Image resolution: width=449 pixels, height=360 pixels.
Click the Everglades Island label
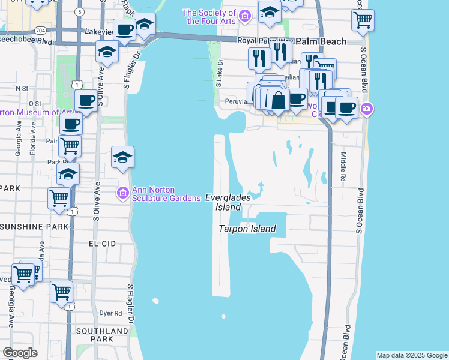(x=223, y=202)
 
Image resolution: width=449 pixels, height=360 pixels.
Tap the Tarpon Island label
(x=247, y=229)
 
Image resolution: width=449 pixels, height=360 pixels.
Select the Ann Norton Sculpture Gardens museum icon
(x=122, y=192)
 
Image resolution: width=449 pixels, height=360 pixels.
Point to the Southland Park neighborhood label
(x=101, y=335)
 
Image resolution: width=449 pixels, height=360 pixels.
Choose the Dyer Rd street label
(x=110, y=313)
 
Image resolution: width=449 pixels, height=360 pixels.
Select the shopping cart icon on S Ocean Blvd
(x=363, y=19)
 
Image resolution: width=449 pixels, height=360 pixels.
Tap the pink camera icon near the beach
(x=367, y=109)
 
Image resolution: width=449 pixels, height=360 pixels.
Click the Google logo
(x=20, y=353)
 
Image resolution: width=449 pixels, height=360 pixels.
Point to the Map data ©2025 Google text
(x=412, y=355)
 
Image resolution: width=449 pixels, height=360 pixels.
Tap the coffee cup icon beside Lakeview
(x=124, y=29)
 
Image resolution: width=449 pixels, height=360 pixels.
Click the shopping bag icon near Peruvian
(x=278, y=100)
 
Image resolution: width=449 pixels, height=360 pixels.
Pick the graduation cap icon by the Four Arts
(x=270, y=11)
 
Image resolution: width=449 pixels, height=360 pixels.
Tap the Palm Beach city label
(x=328, y=41)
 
